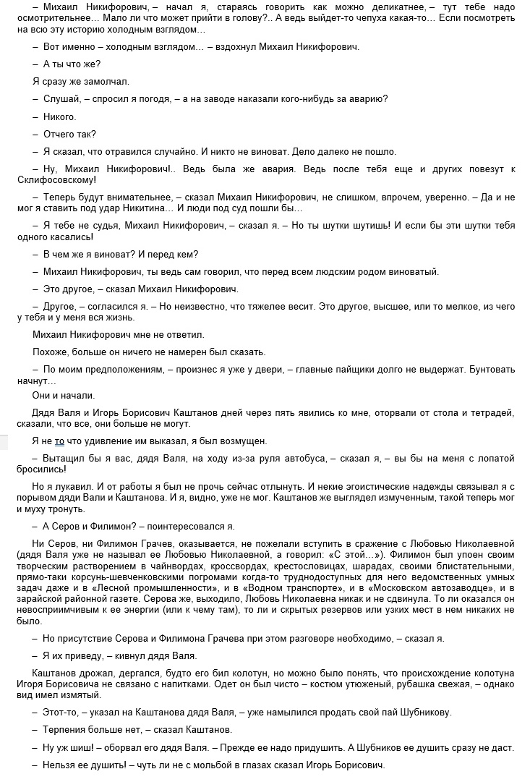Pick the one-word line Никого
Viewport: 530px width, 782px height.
(x=59, y=116)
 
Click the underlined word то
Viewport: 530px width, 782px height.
(x=60, y=441)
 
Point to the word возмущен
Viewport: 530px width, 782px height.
(x=244, y=441)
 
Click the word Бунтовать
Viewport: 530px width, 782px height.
(x=489, y=369)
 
